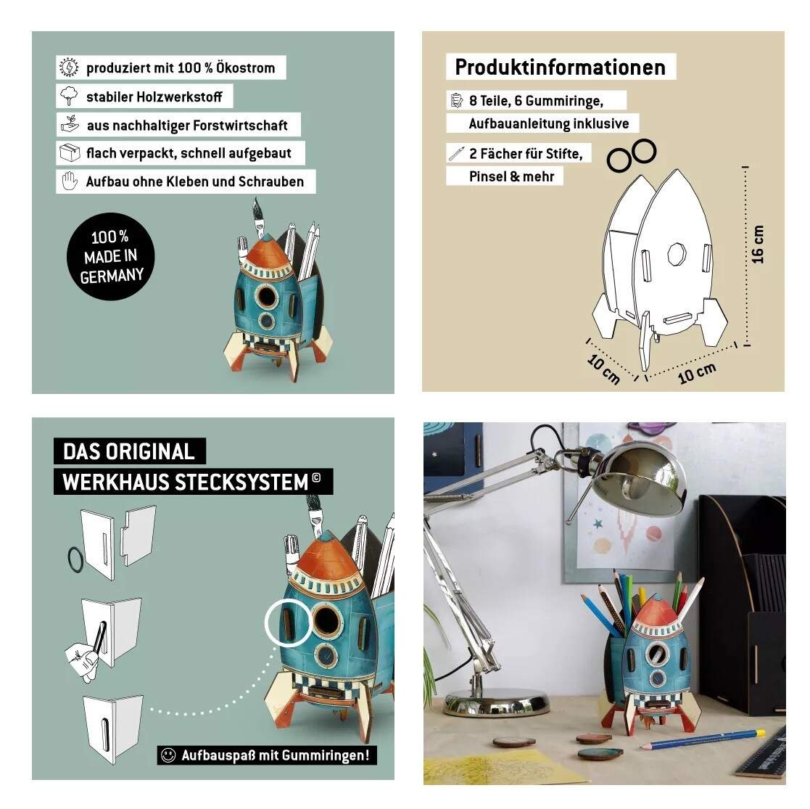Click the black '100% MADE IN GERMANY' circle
110,256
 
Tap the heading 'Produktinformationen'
560,67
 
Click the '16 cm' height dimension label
758,245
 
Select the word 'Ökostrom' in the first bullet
245,67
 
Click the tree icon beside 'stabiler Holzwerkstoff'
69,96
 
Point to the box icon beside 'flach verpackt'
70,153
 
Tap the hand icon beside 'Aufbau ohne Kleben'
70,181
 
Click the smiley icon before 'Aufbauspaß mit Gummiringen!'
168,755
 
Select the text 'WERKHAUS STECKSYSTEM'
185,482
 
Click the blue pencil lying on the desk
703,739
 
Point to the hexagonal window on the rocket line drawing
676,255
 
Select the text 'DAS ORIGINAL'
128,451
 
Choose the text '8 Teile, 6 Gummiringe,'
536,101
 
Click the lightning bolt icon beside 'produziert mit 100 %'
69,67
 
